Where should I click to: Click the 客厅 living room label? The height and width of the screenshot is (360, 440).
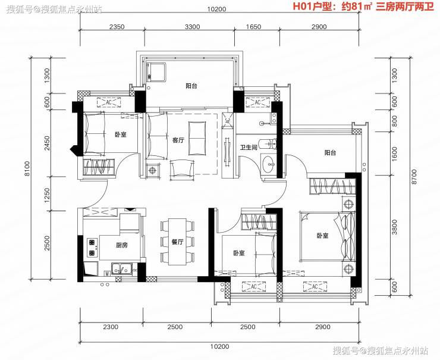point(178,140)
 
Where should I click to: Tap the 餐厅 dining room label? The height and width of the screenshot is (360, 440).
point(177,242)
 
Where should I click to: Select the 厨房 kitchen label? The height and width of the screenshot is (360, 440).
point(122,245)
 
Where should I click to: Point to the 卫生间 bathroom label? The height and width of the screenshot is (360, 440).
point(249,147)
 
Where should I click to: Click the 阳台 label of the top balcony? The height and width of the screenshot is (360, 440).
point(191,86)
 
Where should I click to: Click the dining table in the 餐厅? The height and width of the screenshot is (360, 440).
point(177,242)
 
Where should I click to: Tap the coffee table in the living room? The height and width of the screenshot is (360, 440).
point(197,138)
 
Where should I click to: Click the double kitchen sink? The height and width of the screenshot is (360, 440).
point(122,268)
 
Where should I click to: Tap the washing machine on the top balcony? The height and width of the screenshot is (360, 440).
point(156,73)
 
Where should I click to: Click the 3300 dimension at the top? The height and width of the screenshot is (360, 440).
point(193,27)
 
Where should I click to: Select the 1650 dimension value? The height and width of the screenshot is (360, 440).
point(253,27)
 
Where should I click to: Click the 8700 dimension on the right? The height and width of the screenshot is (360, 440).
point(414,176)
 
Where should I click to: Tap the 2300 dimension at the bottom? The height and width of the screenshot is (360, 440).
point(111,327)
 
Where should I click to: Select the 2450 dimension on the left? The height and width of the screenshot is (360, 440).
point(47,143)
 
